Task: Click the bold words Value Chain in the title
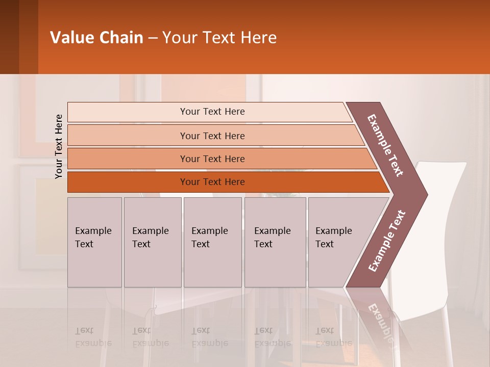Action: point(96,38)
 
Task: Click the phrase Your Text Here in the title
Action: point(219,38)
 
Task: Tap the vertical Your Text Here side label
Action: point(59,146)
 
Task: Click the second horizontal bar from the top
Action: point(212,136)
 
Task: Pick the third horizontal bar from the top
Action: point(212,159)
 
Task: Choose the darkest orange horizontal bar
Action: point(212,182)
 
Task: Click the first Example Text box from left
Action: point(94,242)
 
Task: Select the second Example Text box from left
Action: point(152,242)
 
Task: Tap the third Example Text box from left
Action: point(212,242)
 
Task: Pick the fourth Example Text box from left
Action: point(275,242)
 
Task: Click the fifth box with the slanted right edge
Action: point(337,242)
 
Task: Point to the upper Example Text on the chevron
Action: point(386,145)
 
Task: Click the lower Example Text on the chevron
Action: point(387,241)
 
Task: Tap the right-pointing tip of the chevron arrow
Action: point(425,195)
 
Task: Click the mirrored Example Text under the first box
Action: point(93,337)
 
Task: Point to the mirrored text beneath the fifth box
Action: point(333,337)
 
